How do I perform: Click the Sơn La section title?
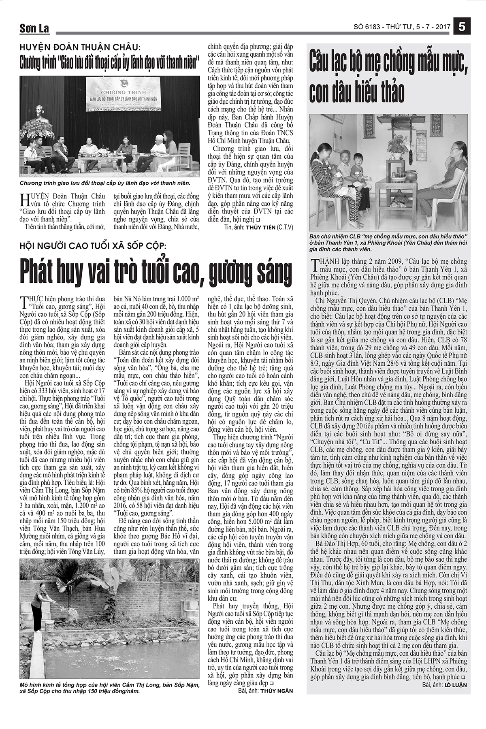(x=34, y=29)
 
